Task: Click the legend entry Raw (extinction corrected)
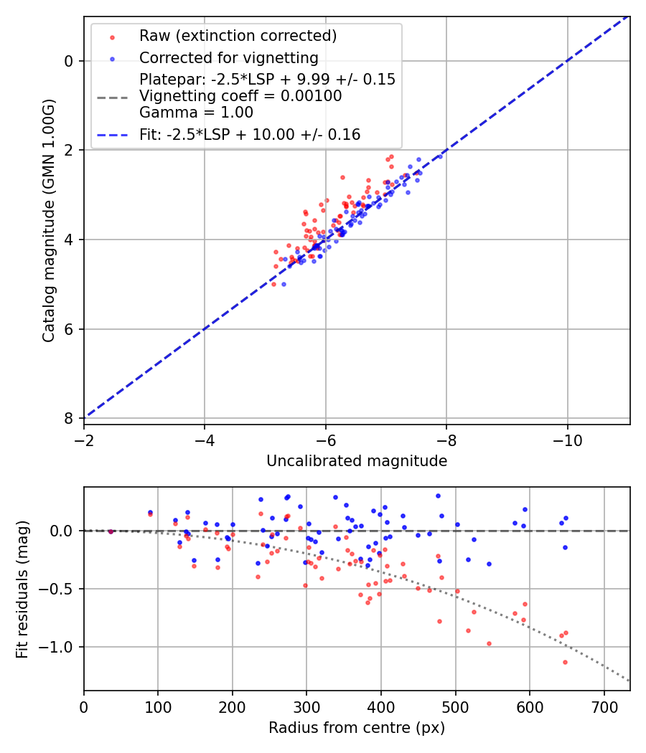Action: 238,36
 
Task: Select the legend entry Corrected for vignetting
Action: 228,57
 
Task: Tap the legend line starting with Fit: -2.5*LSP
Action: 250,134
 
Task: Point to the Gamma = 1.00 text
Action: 196,112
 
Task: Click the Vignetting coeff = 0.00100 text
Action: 240,96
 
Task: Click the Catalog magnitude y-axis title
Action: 48,221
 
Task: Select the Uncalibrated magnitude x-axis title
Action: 357,461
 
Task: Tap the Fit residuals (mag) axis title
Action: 22,589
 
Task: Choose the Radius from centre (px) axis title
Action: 357,728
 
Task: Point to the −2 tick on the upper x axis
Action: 84,438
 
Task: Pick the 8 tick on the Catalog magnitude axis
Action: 69,418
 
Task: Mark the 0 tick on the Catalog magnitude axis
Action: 69,61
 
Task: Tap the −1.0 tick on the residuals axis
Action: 60,647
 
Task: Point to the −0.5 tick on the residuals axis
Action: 60,589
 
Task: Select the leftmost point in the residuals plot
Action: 111,531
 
